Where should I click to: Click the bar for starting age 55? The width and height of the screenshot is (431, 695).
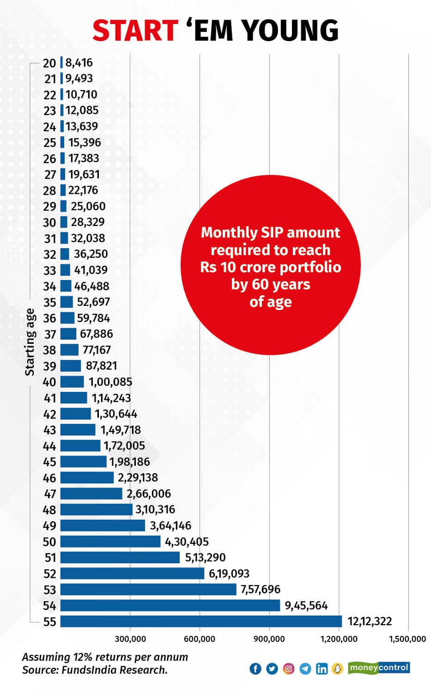click(201, 621)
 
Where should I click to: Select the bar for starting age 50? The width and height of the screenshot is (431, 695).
click(110, 541)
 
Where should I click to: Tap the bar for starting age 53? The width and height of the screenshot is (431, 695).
click(148, 589)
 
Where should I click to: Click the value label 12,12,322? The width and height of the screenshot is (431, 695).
click(370, 621)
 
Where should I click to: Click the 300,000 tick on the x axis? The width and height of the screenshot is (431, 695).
click(130, 639)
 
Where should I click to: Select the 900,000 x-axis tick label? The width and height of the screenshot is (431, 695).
click(269, 639)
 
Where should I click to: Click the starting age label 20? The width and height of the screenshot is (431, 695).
click(49, 63)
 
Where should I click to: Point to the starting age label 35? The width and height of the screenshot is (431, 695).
click(49, 303)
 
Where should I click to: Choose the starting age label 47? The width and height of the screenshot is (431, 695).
click(49, 494)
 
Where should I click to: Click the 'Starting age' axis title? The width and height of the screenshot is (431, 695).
click(30, 342)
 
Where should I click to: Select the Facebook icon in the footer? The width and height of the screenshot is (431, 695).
click(255, 668)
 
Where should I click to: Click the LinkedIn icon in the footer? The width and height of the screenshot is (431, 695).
click(322, 668)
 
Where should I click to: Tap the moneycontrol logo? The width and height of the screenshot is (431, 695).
click(379, 667)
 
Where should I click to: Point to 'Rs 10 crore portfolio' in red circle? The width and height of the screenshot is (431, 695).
click(270, 268)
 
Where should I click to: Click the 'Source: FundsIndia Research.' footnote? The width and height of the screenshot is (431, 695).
click(95, 670)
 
